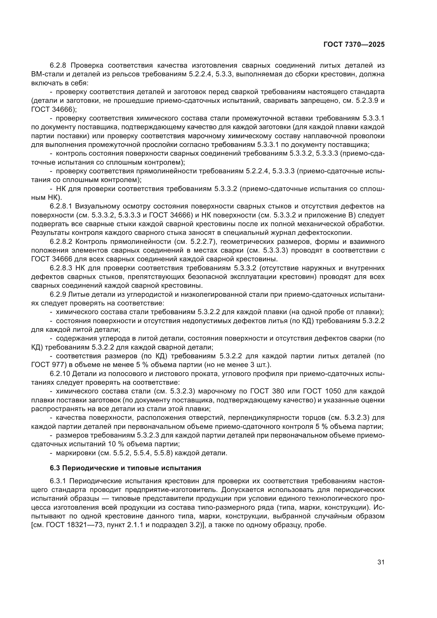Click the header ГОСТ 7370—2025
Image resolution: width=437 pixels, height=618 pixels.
[x=354, y=45]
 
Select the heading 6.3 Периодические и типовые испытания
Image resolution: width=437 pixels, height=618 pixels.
[x=125, y=468]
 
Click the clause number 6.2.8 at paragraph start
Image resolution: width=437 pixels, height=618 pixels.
[x=59, y=66]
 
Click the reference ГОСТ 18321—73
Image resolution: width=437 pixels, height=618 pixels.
[x=69, y=525]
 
